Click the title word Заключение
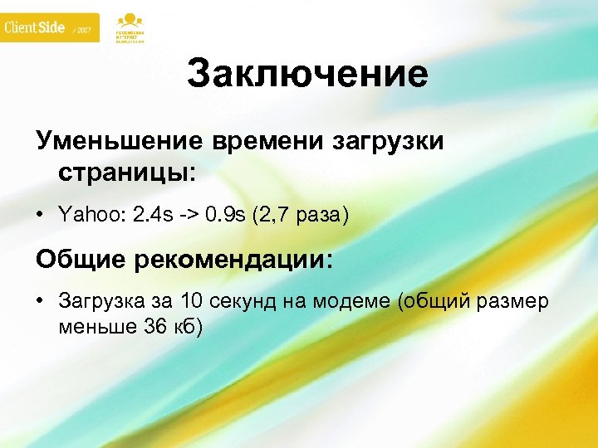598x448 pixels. click(307, 75)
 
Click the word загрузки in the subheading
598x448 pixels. click(390, 141)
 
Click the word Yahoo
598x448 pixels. click(88, 216)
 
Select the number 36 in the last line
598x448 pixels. click(156, 326)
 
